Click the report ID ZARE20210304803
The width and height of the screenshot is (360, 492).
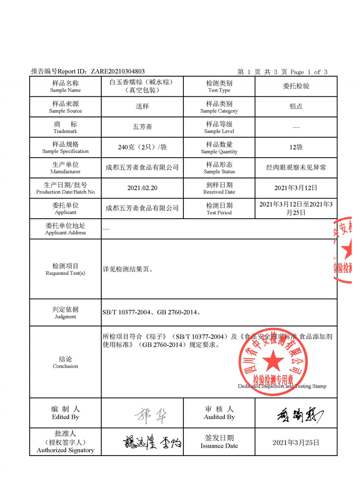click(118, 71)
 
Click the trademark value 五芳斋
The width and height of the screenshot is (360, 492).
click(142, 127)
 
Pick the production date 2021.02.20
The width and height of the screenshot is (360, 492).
click(142, 188)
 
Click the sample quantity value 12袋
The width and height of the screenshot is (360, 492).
click(296, 147)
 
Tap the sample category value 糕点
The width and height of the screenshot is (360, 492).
click(296, 106)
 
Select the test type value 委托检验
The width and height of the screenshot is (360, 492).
click(296, 86)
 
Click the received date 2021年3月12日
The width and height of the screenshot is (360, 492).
click(296, 188)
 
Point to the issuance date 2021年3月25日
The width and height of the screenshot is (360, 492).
click(296, 443)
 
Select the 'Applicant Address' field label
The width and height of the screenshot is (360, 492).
click(65, 229)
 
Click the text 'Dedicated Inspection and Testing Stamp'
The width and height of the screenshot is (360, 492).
click(282, 386)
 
